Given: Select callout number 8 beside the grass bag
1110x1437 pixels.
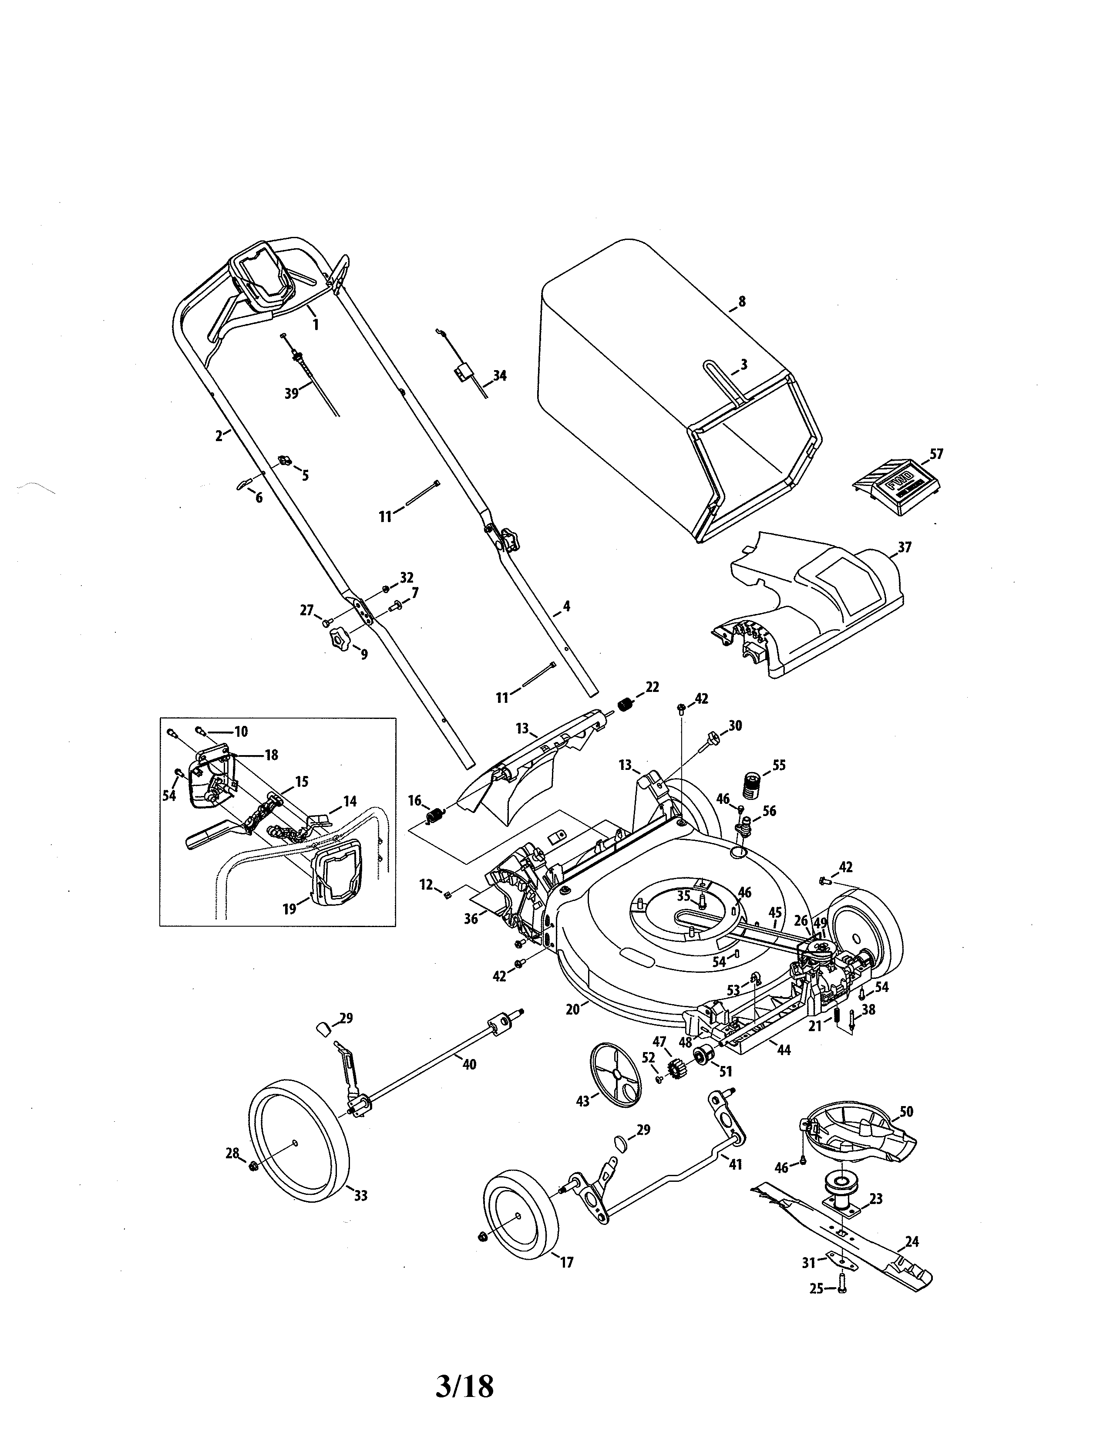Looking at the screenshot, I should pyautogui.click(x=742, y=302).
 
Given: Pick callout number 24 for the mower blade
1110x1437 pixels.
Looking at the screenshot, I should pyautogui.click(x=912, y=1241).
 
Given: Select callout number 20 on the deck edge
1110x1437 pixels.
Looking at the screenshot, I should pyautogui.click(x=572, y=1009).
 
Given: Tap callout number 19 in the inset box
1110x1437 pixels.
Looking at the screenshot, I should pyautogui.click(x=290, y=909).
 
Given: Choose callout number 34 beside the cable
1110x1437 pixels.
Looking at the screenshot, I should pyautogui.click(x=500, y=376).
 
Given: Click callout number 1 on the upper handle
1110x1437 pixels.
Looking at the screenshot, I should pyautogui.click(x=315, y=324).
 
